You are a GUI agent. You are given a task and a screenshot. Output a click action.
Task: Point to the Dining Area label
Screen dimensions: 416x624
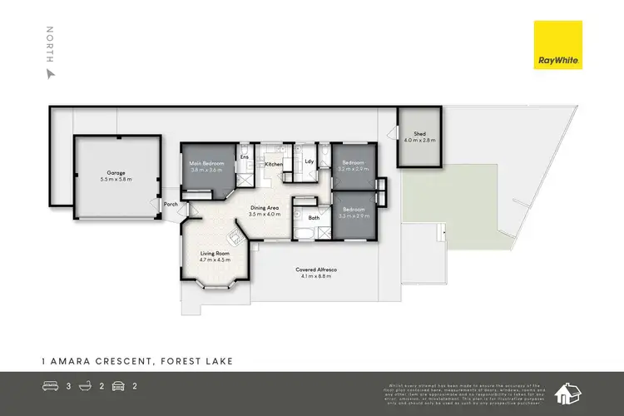[x=268, y=210]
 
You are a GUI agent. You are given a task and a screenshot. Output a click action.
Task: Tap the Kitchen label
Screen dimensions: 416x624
[x=274, y=165]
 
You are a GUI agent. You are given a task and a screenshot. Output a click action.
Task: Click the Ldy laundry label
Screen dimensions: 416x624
[x=309, y=161]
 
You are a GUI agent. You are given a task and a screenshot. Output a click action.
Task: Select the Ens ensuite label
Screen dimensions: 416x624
[x=245, y=156]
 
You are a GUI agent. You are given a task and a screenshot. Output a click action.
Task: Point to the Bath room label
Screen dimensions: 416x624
[x=314, y=218]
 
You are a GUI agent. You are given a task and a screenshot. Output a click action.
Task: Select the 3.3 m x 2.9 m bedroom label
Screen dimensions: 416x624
[x=354, y=212]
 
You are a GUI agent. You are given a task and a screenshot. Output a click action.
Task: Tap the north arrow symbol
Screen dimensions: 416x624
[x=51, y=73]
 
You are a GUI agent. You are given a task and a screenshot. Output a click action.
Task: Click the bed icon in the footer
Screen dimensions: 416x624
[x=49, y=386]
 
